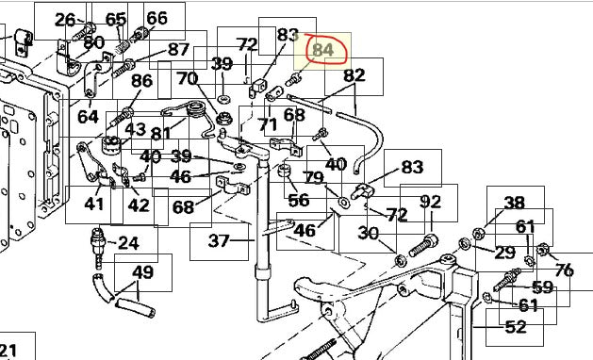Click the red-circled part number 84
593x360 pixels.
point(323,50)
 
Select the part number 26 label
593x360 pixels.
point(65,20)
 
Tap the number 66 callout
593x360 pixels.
point(156,18)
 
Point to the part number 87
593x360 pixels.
point(178,50)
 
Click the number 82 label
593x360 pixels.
point(354,75)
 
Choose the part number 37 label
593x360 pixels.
point(219,240)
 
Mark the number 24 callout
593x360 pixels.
point(128,243)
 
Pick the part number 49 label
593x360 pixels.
point(143,272)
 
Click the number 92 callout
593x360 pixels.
point(431,202)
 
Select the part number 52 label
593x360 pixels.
point(516,327)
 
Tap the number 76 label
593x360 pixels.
point(565,270)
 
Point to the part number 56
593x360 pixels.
point(299,200)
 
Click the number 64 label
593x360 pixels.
point(88,117)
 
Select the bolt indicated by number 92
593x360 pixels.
point(423,245)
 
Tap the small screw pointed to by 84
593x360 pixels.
point(293,80)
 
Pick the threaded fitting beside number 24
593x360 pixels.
point(98,248)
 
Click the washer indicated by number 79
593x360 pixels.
point(344,203)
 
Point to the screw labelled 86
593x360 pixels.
point(122,118)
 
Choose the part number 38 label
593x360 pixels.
point(515,203)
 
